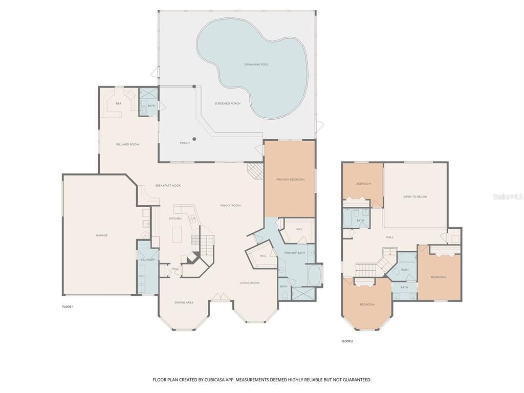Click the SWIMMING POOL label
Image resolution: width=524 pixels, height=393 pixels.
tap(256, 64)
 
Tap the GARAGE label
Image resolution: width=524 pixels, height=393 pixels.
tap(101, 235)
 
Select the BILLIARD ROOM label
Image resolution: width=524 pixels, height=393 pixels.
tap(127, 144)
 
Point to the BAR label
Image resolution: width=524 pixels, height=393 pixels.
tap(118, 104)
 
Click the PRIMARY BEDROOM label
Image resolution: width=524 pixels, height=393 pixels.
tap(290, 180)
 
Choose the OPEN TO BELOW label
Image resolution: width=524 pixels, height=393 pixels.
tap(415, 196)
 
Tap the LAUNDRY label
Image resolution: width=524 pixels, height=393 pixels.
tap(147, 260)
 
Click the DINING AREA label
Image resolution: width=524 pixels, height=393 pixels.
tap(183, 302)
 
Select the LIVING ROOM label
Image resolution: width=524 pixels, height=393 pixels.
tap(250, 282)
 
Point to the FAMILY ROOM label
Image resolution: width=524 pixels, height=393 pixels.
tap(230, 205)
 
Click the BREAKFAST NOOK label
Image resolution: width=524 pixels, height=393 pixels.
tap(168, 185)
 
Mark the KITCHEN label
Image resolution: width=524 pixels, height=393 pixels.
tap(175, 219)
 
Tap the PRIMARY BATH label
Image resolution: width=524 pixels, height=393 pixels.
tap(294, 253)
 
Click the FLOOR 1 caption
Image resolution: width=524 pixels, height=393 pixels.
tap(68, 307)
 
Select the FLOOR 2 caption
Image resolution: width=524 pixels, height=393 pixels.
tap(347, 341)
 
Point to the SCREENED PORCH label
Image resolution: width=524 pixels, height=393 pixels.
tap(227, 104)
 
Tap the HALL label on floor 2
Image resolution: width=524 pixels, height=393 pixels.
tap(389, 237)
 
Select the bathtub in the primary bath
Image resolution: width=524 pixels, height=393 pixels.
tap(314, 275)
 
